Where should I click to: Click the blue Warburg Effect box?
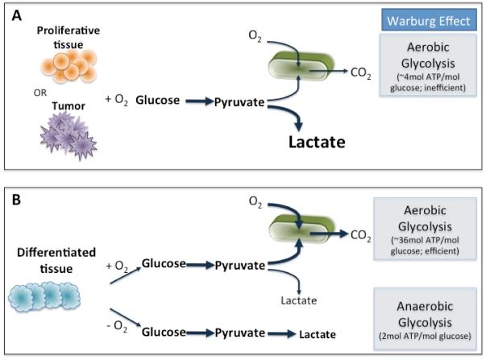[429, 20]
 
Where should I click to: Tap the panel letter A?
[16, 15]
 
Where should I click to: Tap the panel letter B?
[16, 200]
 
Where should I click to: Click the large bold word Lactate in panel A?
[317, 142]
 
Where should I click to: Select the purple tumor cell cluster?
[69, 135]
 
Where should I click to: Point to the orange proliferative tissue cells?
[69, 66]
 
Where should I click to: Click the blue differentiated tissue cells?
[44, 296]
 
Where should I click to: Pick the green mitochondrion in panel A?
[301, 66]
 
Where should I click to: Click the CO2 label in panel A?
[360, 73]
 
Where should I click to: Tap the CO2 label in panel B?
[360, 235]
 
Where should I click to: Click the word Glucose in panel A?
[157, 100]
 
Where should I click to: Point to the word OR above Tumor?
[40, 93]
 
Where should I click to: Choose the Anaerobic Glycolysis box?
[425, 319]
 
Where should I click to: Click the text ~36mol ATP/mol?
[426, 240]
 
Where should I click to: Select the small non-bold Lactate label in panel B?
[299, 300]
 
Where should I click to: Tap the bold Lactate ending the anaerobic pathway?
[318, 334]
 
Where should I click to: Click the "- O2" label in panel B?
[117, 326]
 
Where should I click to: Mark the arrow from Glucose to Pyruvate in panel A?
[200, 101]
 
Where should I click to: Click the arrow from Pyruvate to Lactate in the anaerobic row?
[282, 333]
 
